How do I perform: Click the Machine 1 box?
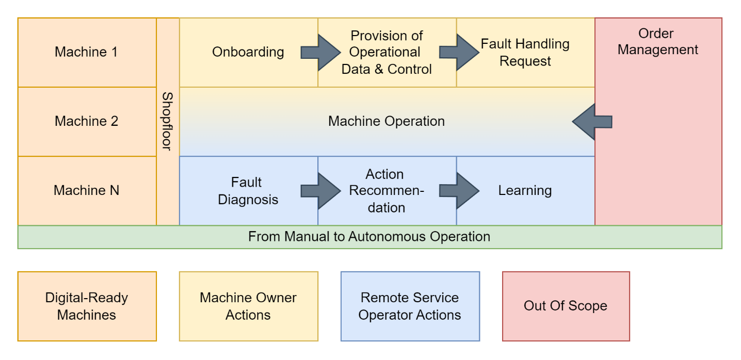87,52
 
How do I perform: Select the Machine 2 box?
87,121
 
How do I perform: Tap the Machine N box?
87,190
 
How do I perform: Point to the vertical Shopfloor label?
168,121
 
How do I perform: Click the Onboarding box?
248,52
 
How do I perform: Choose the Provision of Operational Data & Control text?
386,52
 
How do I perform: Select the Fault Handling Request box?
525,52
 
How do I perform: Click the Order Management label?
657,42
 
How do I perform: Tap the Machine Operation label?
386,121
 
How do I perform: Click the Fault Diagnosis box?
248,190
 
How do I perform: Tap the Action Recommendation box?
386,190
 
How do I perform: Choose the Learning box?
525,190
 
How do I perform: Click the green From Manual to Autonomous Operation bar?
369,237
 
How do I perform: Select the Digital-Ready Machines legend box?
87,306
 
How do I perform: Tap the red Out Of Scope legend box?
566,306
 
